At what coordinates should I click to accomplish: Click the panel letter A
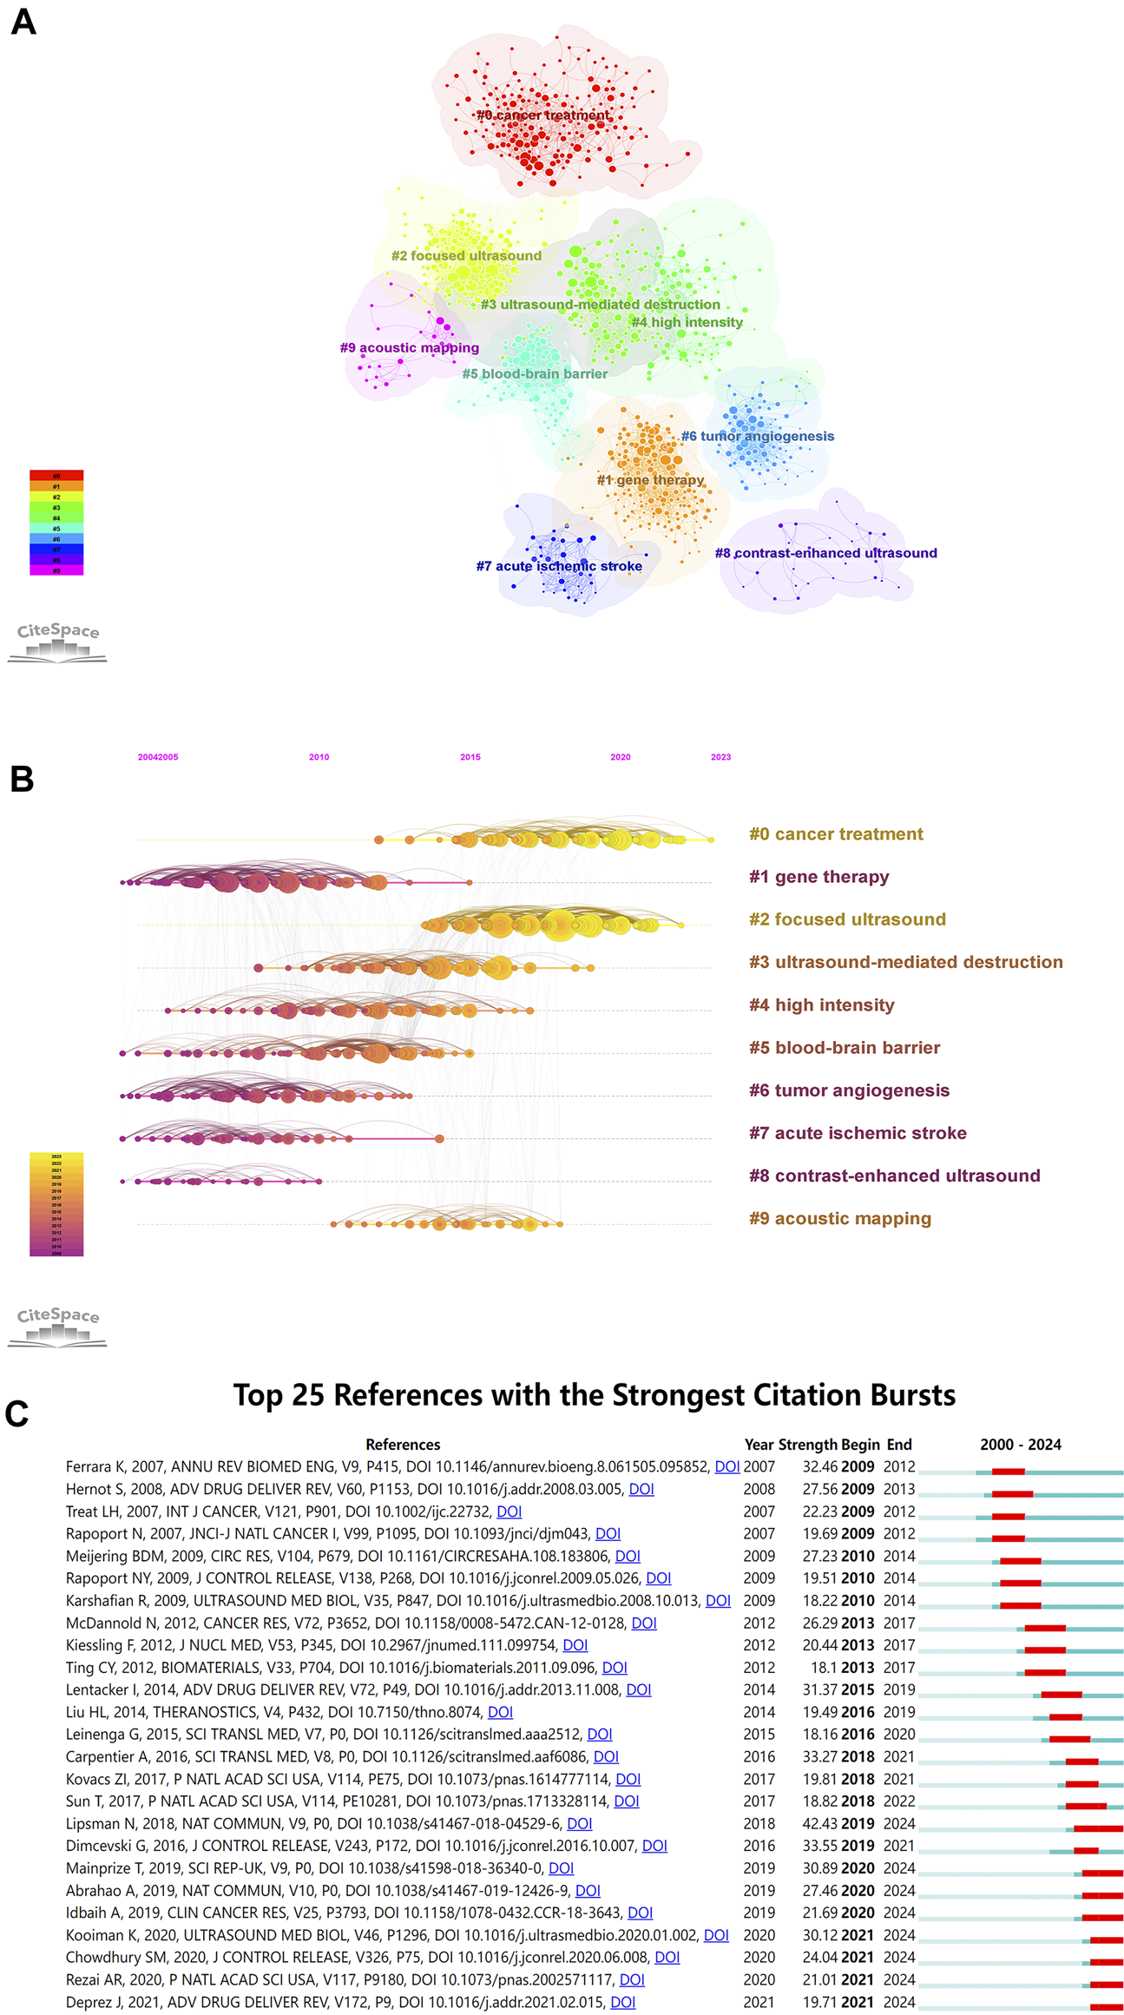coord(23,22)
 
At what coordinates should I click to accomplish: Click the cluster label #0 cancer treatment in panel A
coord(543,115)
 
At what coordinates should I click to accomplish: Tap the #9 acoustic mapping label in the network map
coord(409,347)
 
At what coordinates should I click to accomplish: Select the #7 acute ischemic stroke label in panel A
coord(559,566)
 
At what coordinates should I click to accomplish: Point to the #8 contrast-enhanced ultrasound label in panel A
coord(825,553)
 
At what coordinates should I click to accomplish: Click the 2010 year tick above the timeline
coord(319,757)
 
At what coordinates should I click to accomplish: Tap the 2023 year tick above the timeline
coord(720,757)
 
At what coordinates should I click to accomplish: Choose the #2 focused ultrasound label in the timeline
coord(847,919)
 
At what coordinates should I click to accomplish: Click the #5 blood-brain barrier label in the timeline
coord(845,1048)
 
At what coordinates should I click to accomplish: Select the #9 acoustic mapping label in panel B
coord(840,1218)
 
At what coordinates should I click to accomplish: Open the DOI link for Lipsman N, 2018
coord(579,1823)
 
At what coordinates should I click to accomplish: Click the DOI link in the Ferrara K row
coord(726,1466)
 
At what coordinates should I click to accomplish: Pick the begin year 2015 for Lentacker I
coord(858,1689)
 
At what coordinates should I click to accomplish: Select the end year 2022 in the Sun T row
coord(899,1801)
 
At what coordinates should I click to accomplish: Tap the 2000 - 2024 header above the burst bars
coord(1021,1445)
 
